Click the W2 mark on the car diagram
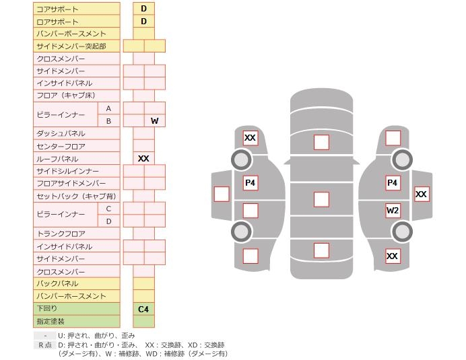coord(393,210)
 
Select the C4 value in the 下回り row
coord(143,309)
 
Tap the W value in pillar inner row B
coord(154,121)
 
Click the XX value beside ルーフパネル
coord(143,159)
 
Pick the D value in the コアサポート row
coord(143,9)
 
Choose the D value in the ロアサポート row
coord(143,22)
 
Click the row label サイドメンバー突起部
coord(71,46)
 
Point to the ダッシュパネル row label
coord(61,134)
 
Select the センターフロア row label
coord(61,146)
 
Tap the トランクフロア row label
coord(61,233)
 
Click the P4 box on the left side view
coord(251,182)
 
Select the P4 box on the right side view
coord(393,182)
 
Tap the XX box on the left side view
coord(251,138)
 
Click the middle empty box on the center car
coord(321,199)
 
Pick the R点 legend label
coord(44,345)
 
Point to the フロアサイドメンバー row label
coord(71,184)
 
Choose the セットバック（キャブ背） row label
coord(75,196)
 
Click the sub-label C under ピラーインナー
coord(108,209)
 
